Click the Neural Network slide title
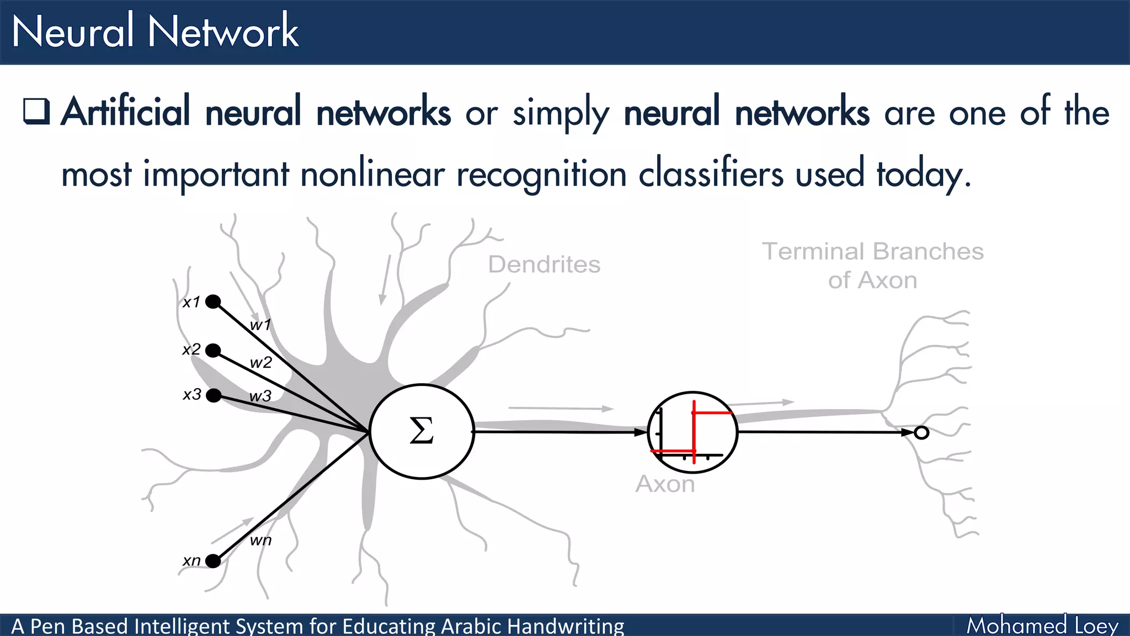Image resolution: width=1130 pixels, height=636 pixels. (155, 31)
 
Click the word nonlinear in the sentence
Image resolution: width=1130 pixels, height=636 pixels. (372, 174)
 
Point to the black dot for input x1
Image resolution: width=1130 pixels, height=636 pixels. (213, 301)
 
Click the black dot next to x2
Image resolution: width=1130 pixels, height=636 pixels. (213, 350)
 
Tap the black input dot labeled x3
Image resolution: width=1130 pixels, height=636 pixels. (214, 395)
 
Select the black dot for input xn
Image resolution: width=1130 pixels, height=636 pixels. (213, 561)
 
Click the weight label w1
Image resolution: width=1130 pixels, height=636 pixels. (260, 325)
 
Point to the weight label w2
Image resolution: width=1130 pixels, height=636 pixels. (261, 363)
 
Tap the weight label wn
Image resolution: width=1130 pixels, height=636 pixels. (260, 540)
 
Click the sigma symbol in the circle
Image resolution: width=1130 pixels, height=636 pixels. (422, 431)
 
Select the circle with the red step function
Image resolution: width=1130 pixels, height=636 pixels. (692, 432)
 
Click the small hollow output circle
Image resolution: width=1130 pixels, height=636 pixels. (921, 433)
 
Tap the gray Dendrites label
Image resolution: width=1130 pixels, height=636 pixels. (544, 264)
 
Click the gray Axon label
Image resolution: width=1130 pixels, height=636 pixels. (665, 484)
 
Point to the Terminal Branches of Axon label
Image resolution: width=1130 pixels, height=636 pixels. (873, 266)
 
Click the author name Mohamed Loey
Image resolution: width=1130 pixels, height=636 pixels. (1042, 626)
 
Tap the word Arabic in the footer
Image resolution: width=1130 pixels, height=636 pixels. (471, 627)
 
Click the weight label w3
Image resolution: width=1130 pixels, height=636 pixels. (260, 396)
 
